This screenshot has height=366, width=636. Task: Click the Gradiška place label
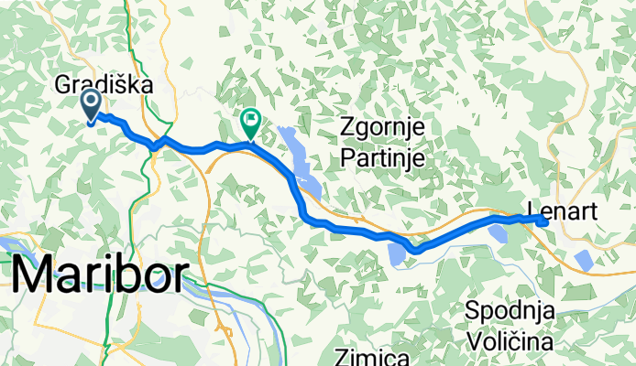click(103, 84)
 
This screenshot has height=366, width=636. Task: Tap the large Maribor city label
click(102, 274)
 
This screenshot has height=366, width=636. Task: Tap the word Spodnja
click(510, 310)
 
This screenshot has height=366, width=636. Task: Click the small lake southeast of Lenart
click(584, 259)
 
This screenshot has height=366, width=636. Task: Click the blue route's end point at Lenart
click(543, 221)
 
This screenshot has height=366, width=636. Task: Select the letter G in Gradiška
click(65, 84)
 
